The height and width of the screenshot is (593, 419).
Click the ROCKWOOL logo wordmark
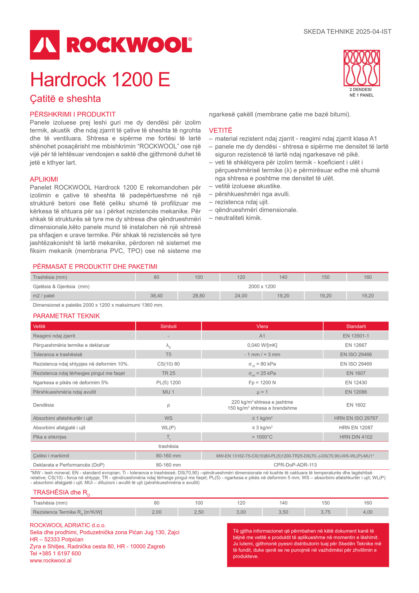pos(129,45)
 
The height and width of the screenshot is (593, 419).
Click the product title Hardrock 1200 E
pos(100,79)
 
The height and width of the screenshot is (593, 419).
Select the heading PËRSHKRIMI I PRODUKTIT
pos(73,114)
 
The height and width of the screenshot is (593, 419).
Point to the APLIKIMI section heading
pos(44,179)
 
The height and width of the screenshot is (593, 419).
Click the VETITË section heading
pos(220,130)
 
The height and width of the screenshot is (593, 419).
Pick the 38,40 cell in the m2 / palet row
pos(156,296)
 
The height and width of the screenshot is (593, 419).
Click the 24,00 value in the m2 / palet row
pos(241,296)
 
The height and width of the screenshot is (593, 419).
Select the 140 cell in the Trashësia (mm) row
pos(283,277)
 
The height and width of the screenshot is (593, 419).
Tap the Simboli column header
pos(168,326)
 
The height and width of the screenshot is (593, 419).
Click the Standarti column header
pos(356,326)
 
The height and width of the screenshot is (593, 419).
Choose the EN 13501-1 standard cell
pos(356,336)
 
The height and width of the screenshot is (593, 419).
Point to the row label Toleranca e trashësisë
pos(58,354)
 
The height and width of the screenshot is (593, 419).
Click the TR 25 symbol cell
pos(168,373)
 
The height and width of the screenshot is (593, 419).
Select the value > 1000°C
pos(262,437)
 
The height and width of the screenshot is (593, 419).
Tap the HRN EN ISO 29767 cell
pos(356,418)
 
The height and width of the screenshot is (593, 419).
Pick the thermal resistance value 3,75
pos(325,512)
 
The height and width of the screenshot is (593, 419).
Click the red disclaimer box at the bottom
pos(308,545)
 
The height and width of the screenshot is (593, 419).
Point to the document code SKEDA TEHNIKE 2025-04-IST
pos(347,31)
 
